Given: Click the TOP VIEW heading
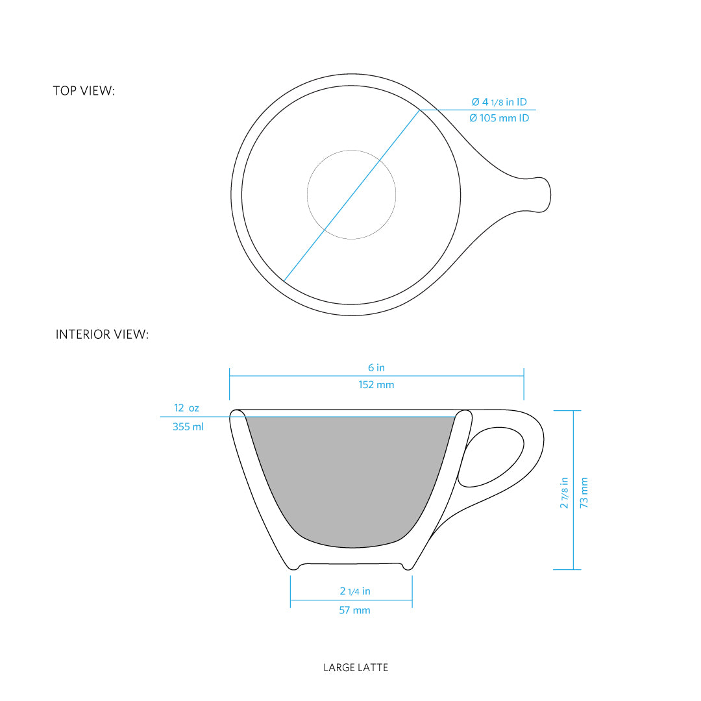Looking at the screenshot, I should click(x=84, y=91).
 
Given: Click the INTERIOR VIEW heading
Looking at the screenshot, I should click(x=102, y=335).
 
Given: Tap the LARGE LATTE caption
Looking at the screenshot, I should click(x=356, y=667).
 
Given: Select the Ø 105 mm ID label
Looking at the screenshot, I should click(x=498, y=118).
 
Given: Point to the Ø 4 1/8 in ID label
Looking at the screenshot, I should click(x=498, y=102).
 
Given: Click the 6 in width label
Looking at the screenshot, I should click(x=376, y=368).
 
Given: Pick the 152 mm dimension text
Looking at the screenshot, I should click(x=376, y=385).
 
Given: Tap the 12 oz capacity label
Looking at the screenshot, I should click(x=186, y=408).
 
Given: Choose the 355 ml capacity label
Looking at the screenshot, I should click(x=188, y=427).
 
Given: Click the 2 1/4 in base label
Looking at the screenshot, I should click(x=355, y=591).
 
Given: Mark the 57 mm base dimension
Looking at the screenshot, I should click(x=354, y=610).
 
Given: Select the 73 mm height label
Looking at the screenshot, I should click(x=584, y=493).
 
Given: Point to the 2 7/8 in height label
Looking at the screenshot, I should click(x=565, y=493).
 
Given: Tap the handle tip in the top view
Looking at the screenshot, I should click(x=545, y=193).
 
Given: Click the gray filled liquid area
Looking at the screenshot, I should click(x=351, y=480).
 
